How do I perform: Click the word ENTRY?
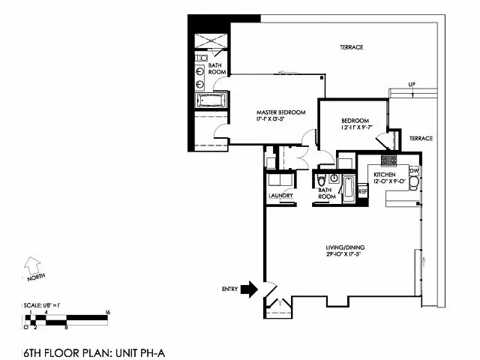229,289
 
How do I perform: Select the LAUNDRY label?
280,196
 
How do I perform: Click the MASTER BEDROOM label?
281,112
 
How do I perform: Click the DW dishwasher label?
414,171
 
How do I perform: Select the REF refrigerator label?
363,192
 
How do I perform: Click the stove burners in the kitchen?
388,160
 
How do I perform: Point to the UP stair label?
412,84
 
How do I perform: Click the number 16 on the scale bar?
109,311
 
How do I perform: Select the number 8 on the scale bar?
67,328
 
